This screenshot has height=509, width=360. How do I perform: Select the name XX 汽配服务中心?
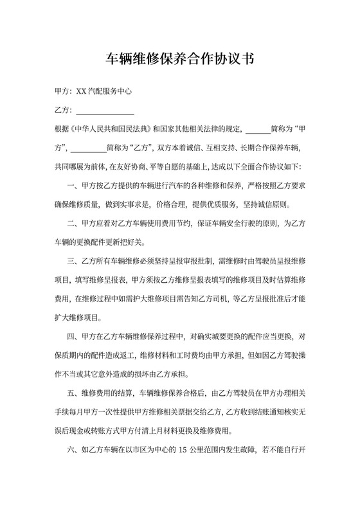pos(104,91)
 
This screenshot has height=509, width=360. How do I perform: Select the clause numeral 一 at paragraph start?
pos(71,186)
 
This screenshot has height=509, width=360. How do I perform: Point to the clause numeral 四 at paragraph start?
pos(71,335)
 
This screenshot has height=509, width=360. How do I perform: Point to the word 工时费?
pos(174,354)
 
